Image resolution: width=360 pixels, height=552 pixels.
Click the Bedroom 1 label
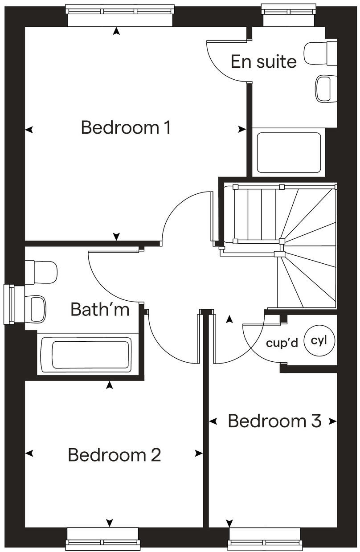coord(126,128)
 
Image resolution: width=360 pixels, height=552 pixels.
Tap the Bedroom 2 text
coord(115,455)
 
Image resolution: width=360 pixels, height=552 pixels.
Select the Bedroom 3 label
coord(274,421)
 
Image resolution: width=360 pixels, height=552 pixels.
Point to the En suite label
coord(264,62)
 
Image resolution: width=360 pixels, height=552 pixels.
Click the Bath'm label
coord(100,309)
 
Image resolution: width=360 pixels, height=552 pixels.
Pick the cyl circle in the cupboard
coord(319,341)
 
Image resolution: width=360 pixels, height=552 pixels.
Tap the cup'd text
coord(282,343)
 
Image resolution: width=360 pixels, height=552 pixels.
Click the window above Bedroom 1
coord(119,15)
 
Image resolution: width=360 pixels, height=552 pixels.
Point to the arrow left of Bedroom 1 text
coord(29,130)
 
